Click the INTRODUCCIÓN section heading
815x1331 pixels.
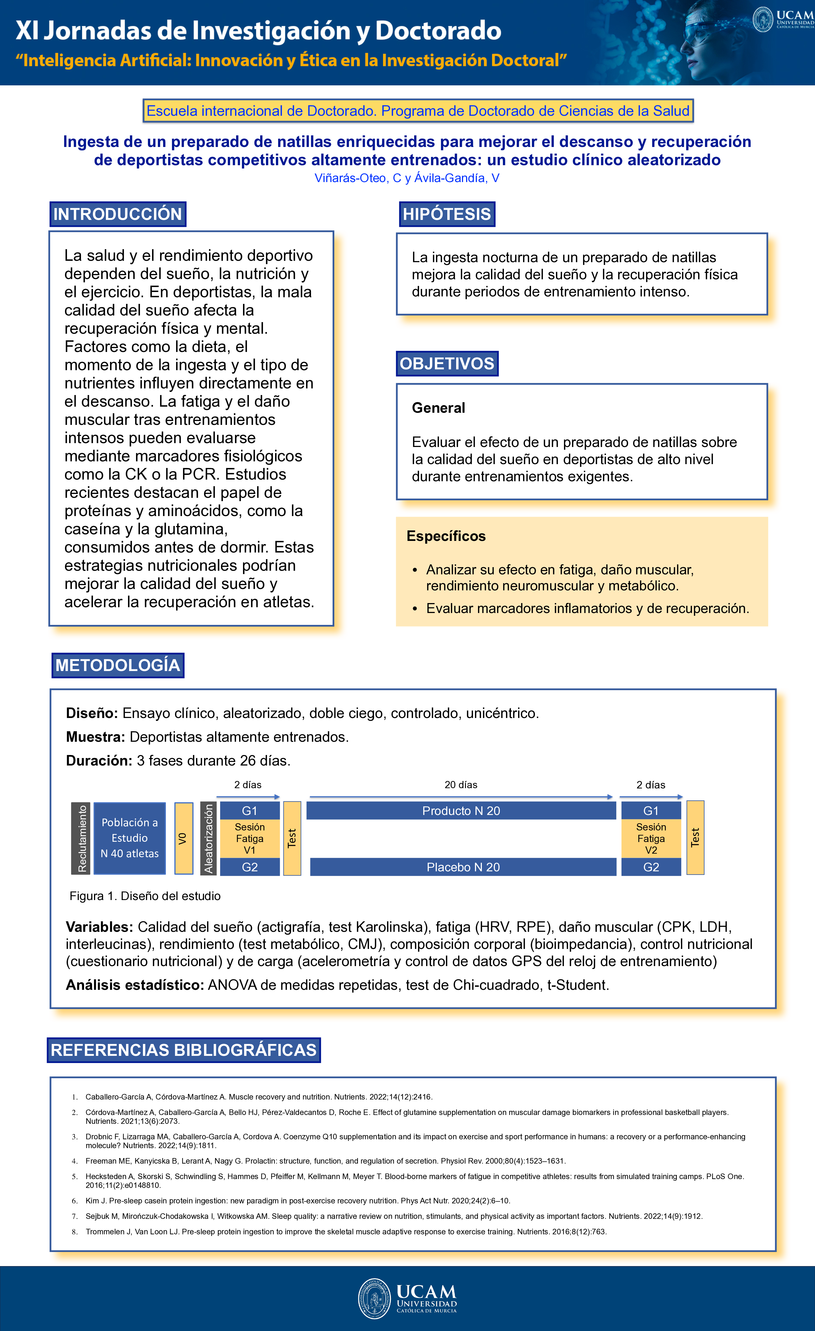click(118, 214)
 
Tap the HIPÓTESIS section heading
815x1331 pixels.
click(446, 214)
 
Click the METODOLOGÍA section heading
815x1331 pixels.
click(118, 665)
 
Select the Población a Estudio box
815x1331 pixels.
click(130, 838)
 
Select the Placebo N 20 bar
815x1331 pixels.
click(463, 867)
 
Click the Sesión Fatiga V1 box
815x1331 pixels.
click(250, 838)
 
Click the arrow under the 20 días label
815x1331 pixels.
click(461, 797)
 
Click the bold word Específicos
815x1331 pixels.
click(446, 536)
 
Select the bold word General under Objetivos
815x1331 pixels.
click(438, 408)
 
